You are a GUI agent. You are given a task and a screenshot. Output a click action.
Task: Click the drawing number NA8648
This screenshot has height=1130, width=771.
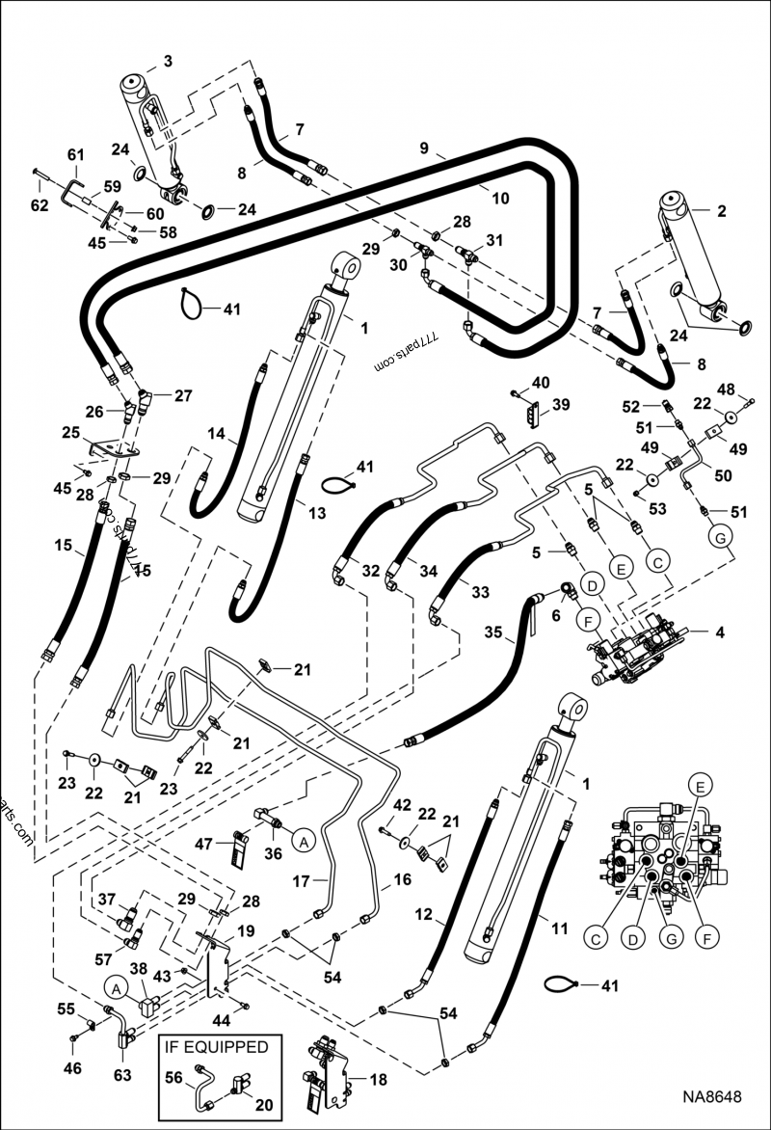click(713, 1096)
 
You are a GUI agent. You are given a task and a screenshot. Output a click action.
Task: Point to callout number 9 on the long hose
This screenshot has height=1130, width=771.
click(421, 150)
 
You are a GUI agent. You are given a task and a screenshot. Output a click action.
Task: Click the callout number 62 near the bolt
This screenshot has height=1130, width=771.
click(39, 205)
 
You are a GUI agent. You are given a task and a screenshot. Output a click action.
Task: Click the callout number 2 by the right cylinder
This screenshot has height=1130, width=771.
click(721, 209)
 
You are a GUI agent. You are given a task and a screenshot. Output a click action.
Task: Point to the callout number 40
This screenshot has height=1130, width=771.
click(541, 383)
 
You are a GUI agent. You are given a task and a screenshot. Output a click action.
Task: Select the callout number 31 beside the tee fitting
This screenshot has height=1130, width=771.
click(494, 240)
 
